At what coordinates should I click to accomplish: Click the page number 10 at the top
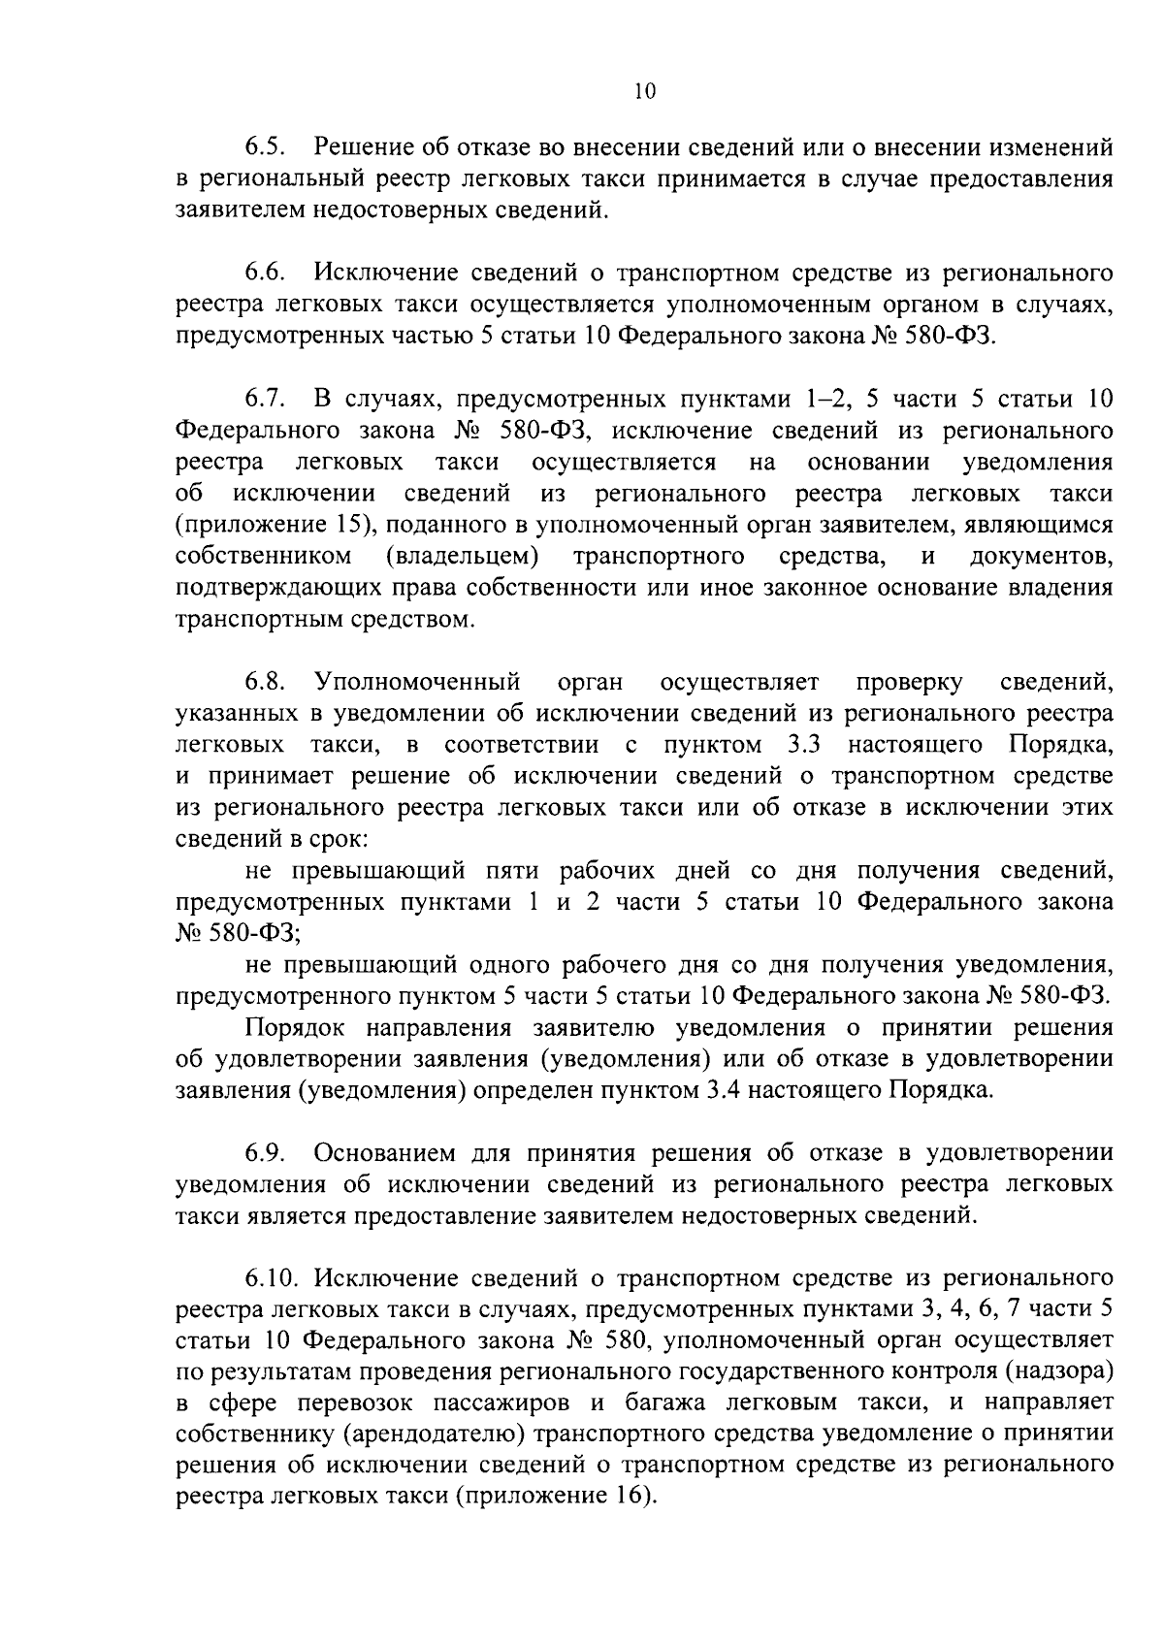click(644, 92)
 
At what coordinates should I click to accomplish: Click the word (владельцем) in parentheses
click(463, 557)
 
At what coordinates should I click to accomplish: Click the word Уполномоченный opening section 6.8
click(418, 683)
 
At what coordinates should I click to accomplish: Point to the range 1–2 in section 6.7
click(825, 399)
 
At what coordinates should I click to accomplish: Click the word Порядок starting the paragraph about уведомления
click(300, 1027)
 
